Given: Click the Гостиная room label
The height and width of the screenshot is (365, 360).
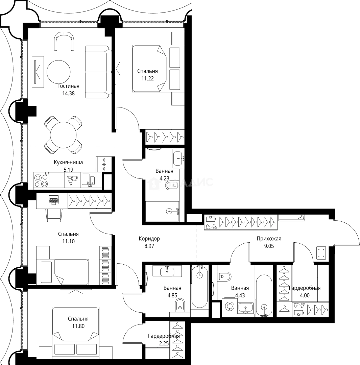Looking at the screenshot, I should tap(66, 86).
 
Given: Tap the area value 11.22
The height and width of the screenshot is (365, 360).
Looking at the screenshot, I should tap(147, 78).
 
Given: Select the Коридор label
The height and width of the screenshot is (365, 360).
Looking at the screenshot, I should tap(149, 239).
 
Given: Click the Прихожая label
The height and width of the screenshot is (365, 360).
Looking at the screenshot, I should tap(269, 239).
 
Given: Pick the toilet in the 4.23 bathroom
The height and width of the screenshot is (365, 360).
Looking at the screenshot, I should tap(172, 185).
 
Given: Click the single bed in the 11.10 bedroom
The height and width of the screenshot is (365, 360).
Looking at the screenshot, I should tap(63, 272).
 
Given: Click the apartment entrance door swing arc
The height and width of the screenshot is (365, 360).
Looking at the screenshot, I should tap(352, 230).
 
